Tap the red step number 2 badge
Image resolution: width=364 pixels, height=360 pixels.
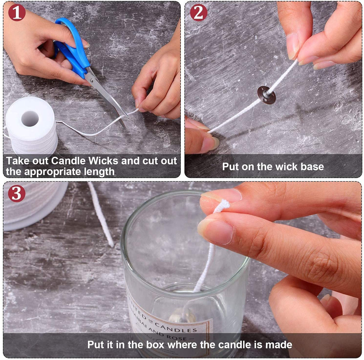[198, 12]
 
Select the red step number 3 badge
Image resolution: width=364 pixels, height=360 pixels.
[16, 193]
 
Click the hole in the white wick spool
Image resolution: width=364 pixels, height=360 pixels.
[30, 118]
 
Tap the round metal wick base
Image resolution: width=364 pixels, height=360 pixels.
[267, 95]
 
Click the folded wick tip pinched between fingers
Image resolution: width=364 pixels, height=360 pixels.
[221, 206]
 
